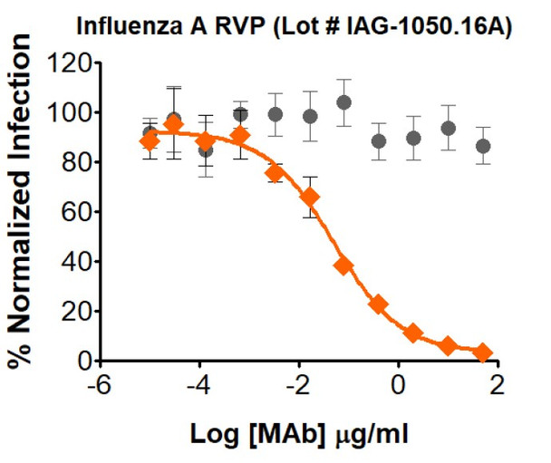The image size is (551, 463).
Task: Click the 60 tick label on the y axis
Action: [78, 212]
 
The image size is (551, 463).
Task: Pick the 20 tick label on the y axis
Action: [78, 312]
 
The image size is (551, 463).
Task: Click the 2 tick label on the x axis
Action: [495, 385]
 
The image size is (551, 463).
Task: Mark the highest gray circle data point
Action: [343, 102]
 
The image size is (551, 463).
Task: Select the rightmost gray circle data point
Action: [483, 146]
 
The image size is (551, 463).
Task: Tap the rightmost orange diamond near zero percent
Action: [483, 352]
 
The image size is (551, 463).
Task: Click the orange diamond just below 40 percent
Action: [343, 265]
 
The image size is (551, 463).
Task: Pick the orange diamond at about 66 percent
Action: [310, 197]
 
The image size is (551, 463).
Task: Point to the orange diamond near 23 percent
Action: [378, 304]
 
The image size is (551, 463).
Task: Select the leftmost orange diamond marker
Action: [150, 141]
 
